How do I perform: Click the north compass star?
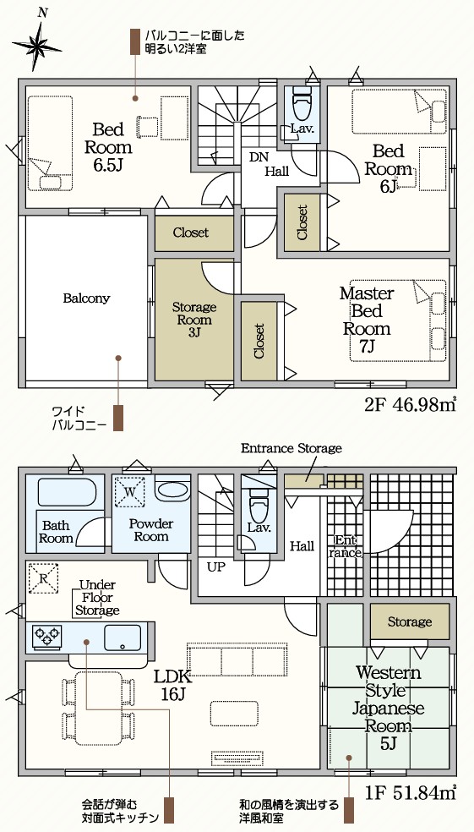(36, 46)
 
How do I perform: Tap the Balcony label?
(86, 298)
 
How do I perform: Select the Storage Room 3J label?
(194, 320)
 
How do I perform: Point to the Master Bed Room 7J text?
(367, 320)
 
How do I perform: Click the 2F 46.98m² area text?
(410, 405)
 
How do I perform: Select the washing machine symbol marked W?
(130, 490)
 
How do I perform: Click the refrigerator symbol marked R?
(43, 577)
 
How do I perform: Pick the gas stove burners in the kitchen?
(46, 637)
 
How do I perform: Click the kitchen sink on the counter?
(123, 638)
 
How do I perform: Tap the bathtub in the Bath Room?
(67, 492)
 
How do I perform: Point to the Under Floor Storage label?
(96, 598)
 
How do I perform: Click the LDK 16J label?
(172, 685)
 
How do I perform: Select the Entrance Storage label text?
(291, 448)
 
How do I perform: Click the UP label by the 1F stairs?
(215, 567)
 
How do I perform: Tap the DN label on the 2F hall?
(259, 157)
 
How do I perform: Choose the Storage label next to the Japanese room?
(410, 621)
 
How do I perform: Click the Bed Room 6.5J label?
(108, 147)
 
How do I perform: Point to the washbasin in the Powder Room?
(173, 490)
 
